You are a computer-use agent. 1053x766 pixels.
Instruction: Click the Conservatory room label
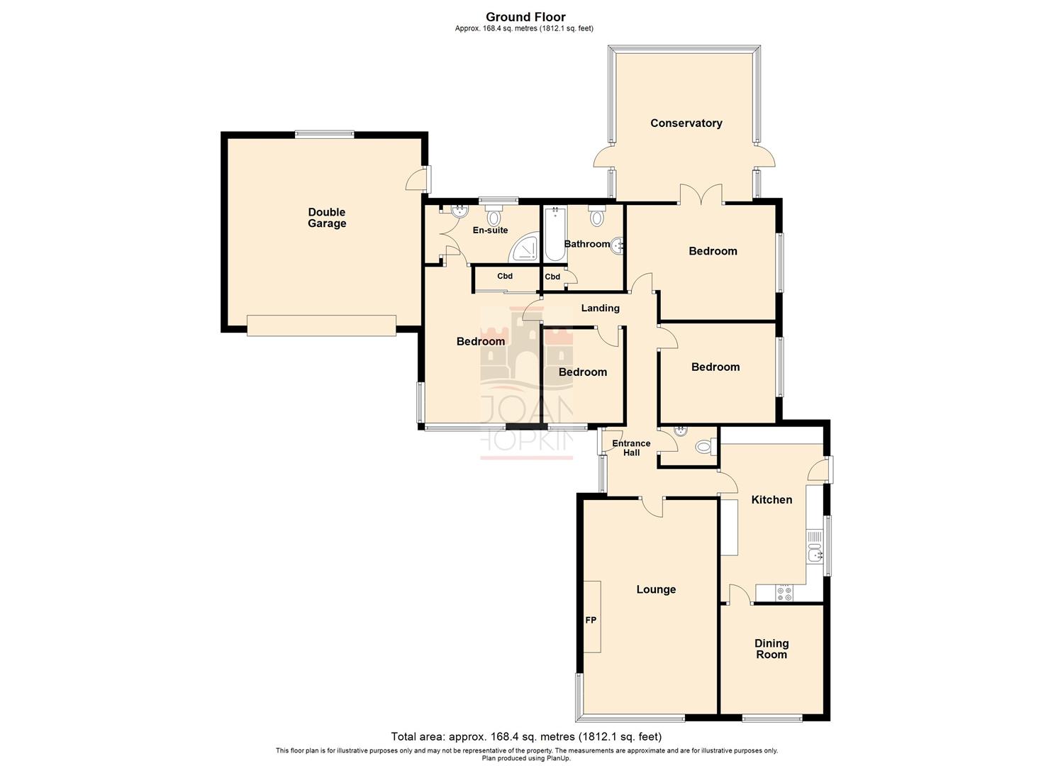pos(686,123)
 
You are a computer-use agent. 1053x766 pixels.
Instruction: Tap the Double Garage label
pos(327,218)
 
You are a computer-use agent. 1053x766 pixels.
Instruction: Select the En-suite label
pos(491,230)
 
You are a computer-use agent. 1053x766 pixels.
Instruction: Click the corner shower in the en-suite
pos(525,248)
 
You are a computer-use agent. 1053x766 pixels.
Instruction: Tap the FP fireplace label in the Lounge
pos(591,621)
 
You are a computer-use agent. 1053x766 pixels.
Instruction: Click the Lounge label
pos(656,589)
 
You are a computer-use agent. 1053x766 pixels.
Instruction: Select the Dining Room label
pos(771,649)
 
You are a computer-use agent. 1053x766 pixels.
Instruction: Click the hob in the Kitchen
pos(784,593)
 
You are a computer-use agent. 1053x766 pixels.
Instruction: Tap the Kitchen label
pos(771,500)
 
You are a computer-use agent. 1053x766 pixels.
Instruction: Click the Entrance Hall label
pos(631,448)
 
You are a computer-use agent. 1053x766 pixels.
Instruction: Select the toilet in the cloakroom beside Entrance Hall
pos(704,446)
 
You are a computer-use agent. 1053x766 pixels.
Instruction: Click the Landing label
pos(600,309)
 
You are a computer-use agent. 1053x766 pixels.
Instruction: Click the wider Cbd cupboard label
pos(505,277)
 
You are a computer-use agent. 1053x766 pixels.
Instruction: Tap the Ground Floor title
pos(525,17)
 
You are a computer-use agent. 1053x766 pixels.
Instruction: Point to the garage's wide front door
pos(321,326)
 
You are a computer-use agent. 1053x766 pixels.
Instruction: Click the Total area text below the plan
pos(526,736)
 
